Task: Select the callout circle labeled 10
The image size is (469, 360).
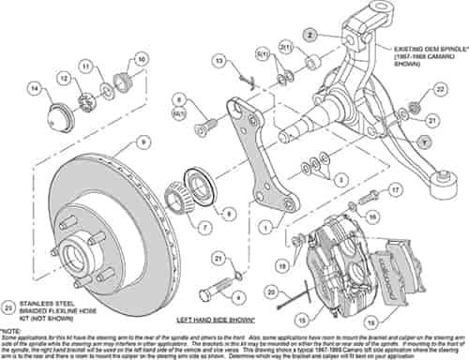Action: coord(142,59)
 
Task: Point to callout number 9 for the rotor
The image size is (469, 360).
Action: coord(143,142)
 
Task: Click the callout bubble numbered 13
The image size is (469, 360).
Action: coord(219,61)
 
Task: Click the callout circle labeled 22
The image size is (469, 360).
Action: coord(440,89)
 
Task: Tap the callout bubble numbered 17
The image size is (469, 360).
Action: coord(396,189)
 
